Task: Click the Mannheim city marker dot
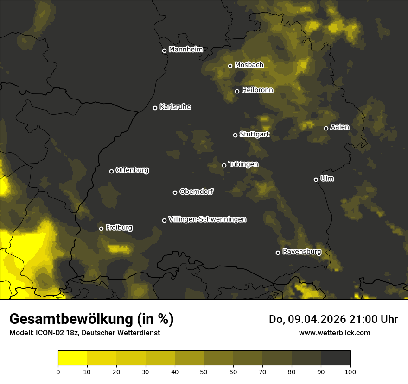[x=164, y=51]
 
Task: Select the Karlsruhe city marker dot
[x=155, y=108]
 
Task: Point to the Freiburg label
[x=119, y=228]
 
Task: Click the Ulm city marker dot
[x=316, y=180]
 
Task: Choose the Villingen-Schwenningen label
[x=207, y=219]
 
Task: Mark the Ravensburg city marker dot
[x=278, y=253]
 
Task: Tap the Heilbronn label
[x=257, y=90]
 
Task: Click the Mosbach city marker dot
[x=230, y=66]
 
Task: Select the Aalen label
[x=340, y=127]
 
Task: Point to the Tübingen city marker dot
[x=224, y=165]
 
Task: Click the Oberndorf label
[x=196, y=192]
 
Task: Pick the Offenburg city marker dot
[x=111, y=171]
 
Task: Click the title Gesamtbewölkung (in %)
[x=91, y=319]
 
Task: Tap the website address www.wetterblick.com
[x=334, y=333]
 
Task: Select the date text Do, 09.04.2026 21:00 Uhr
[x=333, y=319]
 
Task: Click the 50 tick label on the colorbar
[x=204, y=371]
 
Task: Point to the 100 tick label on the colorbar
[x=350, y=371]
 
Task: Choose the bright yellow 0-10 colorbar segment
[x=73, y=358]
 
